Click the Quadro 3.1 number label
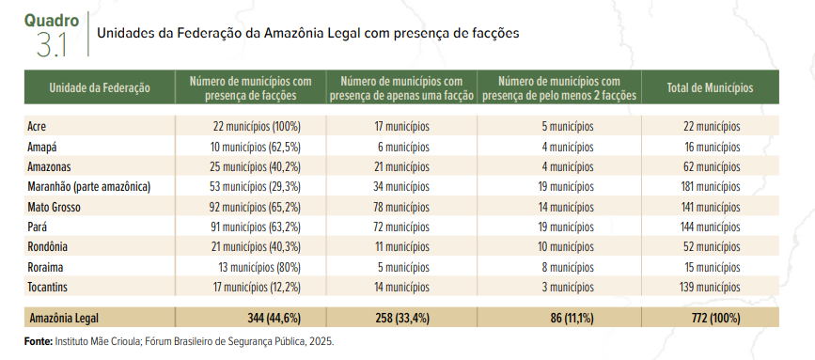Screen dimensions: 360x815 [x=52, y=43]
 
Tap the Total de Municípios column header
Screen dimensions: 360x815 [x=710, y=87]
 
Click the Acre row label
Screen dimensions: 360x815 [x=38, y=126]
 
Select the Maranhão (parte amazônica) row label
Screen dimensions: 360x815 [x=89, y=186]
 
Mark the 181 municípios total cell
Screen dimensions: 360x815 [x=711, y=186]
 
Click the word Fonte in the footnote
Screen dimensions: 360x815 [x=39, y=341]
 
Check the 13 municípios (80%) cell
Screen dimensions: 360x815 [x=260, y=266]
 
